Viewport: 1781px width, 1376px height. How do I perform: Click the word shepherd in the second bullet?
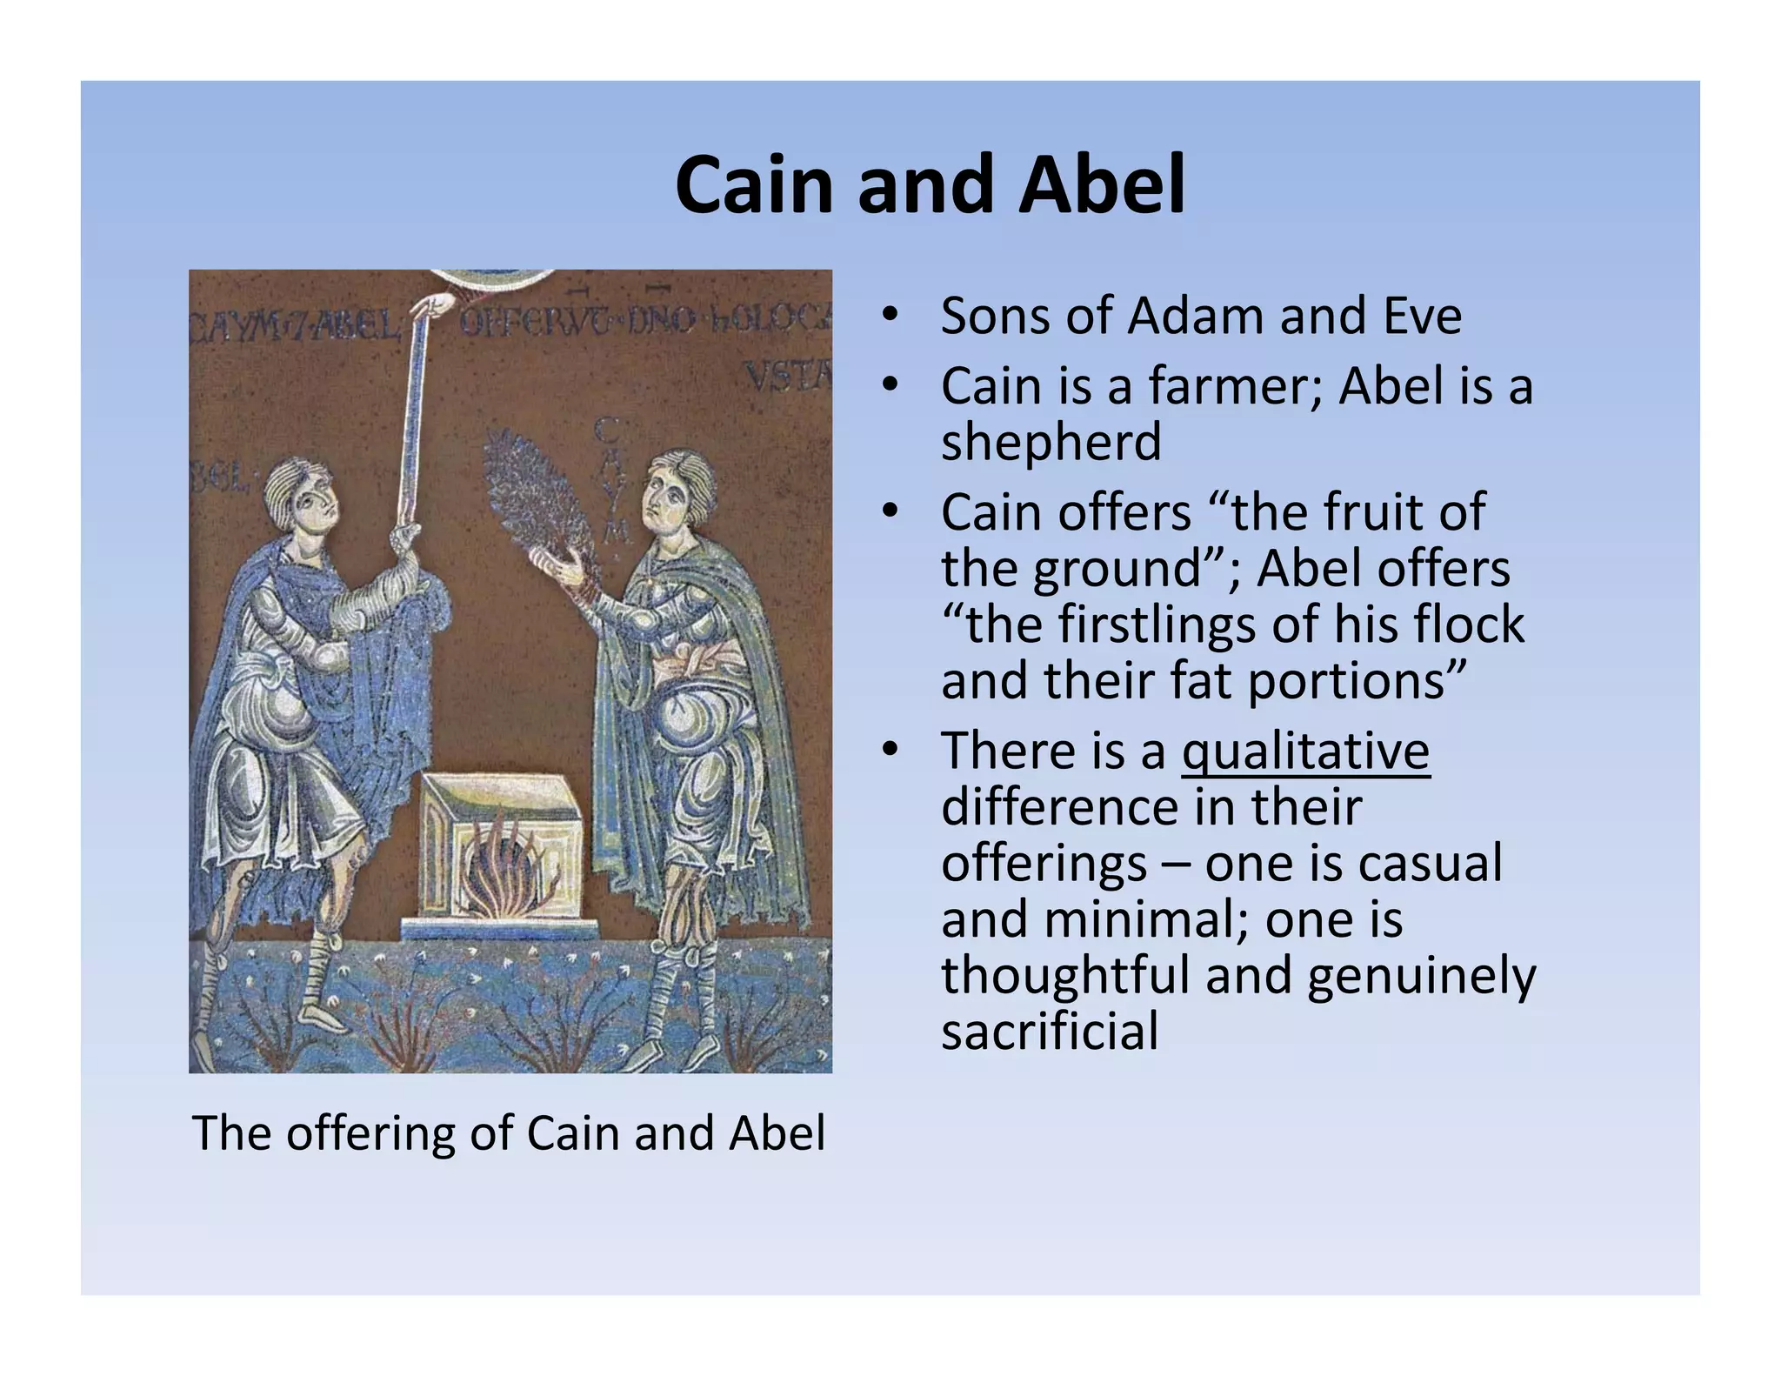(1051, 443)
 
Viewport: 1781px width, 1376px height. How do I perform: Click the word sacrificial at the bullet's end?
(1050, 1032)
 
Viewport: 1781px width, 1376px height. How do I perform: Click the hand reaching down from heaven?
(435, 306)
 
